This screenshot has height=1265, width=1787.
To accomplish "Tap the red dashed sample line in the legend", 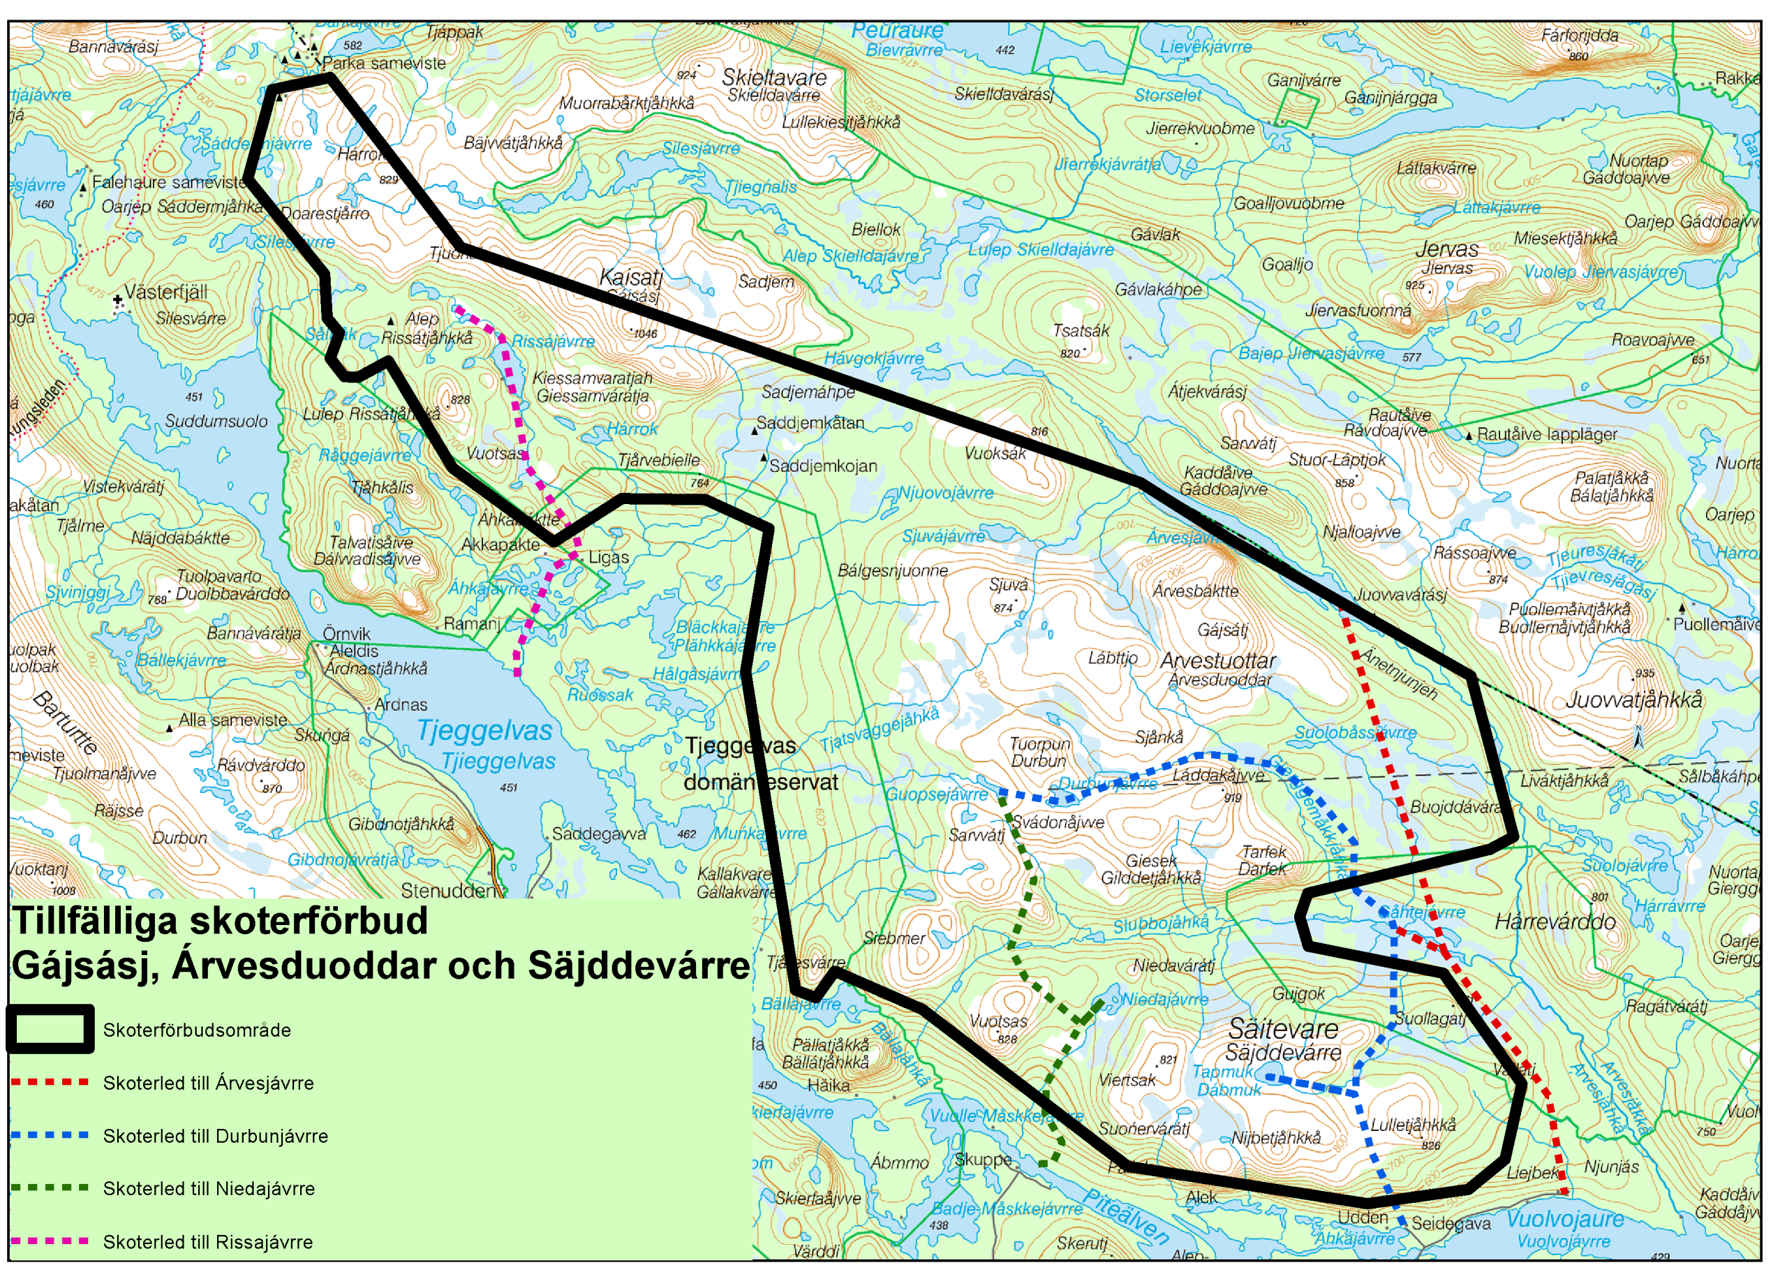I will point(51,1082).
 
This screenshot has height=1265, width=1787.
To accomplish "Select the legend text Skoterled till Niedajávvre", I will point(209,1189).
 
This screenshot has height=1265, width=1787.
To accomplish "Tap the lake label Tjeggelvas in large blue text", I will point(484,731).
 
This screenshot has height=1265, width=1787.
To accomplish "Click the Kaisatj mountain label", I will point(631,277).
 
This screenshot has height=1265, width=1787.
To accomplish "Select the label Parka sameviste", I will point(384,63).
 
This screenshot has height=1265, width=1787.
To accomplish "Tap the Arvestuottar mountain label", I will point(1218,661).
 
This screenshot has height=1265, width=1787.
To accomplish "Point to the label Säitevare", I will point(1283,1029).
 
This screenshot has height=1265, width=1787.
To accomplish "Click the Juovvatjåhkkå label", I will point(1634,700).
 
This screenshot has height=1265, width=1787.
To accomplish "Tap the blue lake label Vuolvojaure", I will point(1565,1219).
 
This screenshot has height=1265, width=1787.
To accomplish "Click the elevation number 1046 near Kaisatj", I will point(646,334).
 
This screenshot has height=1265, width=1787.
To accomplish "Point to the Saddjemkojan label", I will point(823,466).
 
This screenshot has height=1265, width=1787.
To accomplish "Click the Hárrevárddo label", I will point(1555,922).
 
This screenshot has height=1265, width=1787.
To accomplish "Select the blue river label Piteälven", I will point(1127,1217).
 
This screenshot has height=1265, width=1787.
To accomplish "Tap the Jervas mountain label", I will point(1447,249).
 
